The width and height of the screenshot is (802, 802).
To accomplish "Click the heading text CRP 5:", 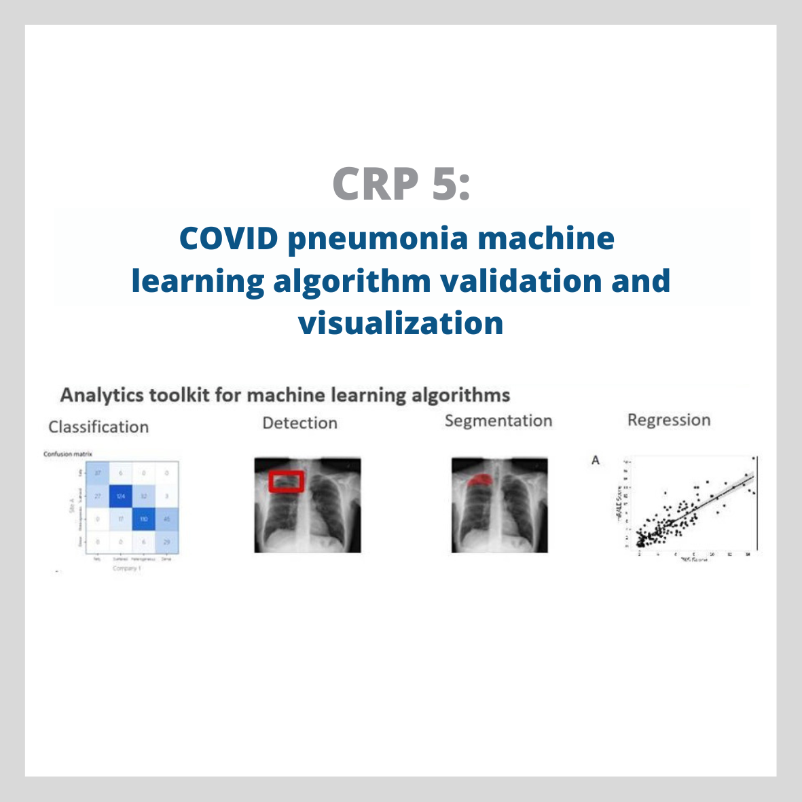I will pyautogui.click(x=401, y=183).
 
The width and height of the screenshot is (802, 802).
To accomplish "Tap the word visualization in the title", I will pyautogui.click(x=401, y=323).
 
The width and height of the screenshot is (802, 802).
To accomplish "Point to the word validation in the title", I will pyautogui.click(x=520, y=280).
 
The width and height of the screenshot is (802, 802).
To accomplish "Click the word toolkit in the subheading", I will pyautogui.click(x=179, y=395).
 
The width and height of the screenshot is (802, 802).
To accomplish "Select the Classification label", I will pyautogui.click(x=98, y=427).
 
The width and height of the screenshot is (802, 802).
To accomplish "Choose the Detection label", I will pyautogui.click(x=299, y=423).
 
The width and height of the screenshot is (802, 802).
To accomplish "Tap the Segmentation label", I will pyautogui.click(x=498, y=421).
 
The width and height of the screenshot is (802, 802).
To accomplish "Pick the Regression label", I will pyautogui.click(x=669, y=420).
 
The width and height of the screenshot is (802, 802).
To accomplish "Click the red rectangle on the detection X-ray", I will pyautogui.click(x=287, y=481).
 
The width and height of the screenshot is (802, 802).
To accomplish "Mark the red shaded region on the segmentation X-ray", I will pyautogui.click(x=480, y=479).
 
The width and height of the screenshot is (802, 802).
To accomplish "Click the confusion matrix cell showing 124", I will pyautogui.click(x=121, y=496).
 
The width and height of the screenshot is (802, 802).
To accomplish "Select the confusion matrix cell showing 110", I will pyautogui.click(x=144, y=519).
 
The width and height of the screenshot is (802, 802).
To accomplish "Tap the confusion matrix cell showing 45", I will pyautogui.click(x=167, y=519).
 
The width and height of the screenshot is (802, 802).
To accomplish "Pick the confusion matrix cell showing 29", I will pyautogui.click(x=167, y=542).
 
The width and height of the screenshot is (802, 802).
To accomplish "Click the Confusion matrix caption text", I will pyautogui.click(x=68, y=454).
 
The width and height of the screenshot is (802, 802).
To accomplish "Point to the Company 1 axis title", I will pyautogui.click(x=127, y=568).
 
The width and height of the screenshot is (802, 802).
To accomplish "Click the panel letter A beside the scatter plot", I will pyautogui.click(x=596, y=460).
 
